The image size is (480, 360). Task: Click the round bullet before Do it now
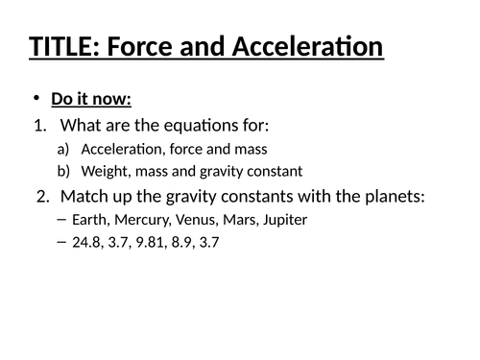36,100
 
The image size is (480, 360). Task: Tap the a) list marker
64,149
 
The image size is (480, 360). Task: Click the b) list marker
64,171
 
